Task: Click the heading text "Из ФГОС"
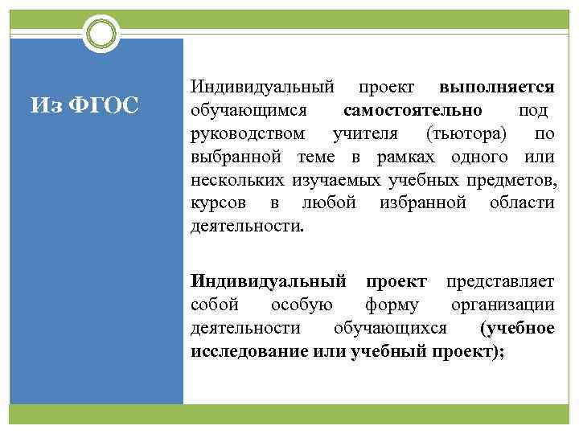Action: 84,105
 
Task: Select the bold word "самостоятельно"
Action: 413,108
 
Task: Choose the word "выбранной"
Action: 229,155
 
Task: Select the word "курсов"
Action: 213,202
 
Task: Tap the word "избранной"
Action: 421,202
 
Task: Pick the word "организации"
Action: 503,305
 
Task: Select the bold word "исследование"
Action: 245,351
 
